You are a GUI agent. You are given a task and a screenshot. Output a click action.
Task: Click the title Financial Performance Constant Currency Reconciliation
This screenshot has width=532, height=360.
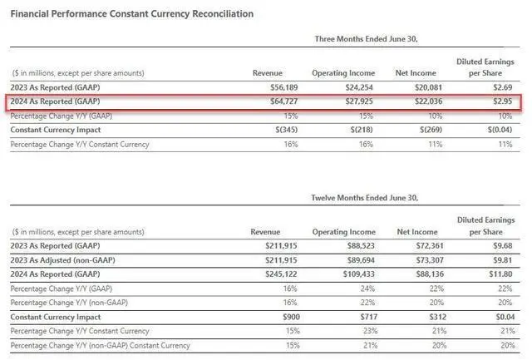pos(132,14)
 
